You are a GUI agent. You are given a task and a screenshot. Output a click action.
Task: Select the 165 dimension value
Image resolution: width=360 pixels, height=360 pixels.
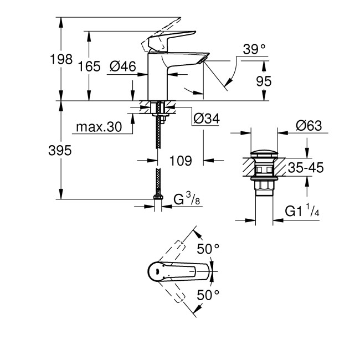[89, 66]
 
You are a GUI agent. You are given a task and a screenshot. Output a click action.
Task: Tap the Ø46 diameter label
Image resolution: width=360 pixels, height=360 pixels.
[123, 66]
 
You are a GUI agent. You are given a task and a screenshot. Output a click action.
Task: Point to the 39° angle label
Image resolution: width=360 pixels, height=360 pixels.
[254, 49]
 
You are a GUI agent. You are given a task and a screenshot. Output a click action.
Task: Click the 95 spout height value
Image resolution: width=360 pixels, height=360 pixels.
[264, 81]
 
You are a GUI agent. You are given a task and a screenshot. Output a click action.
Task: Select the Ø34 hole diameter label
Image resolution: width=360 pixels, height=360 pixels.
[206, 119]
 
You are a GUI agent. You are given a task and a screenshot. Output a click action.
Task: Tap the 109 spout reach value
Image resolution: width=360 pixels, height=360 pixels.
[180, 161]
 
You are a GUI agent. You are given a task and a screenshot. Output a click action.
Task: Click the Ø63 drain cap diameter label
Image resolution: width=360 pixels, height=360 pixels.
[309, 126]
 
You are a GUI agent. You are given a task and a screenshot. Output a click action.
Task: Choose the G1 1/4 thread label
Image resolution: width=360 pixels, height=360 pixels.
[302, 210]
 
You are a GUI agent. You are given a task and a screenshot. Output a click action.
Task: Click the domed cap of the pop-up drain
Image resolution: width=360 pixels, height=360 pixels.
[263, 153]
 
